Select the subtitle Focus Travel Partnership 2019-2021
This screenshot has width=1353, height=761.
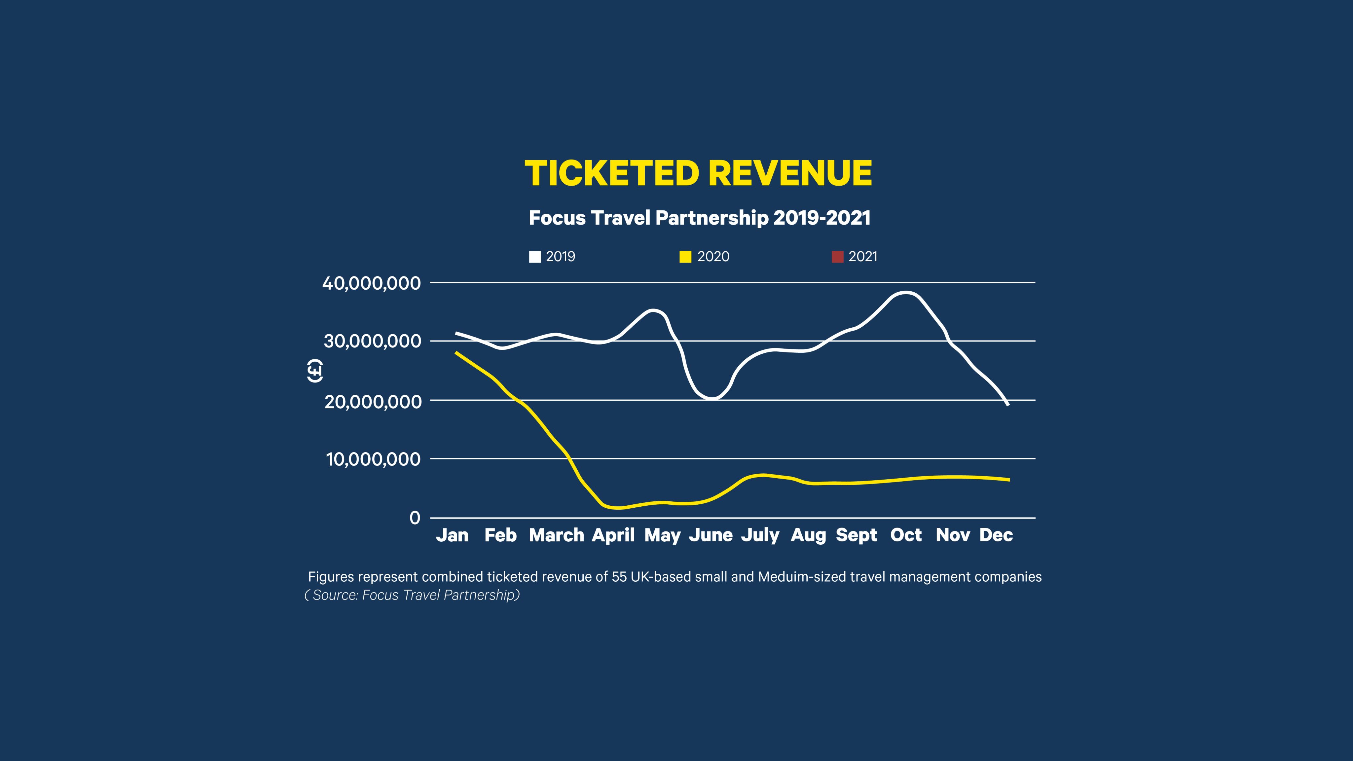[699, 217]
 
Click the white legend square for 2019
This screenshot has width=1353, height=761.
[535, 257]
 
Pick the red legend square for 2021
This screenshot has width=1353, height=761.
[837, 257]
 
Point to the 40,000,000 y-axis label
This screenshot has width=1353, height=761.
[371, 284]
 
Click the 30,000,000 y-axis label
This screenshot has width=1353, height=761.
[372, 342]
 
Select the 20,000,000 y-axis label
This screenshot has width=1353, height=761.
[372, 402]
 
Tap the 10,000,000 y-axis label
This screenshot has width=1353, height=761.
[373, 459]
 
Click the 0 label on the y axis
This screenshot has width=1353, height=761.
[415, 518]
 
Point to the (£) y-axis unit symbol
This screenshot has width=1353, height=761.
[314, 371]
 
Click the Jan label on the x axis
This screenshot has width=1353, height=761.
[452, 535]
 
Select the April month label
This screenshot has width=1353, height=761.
[613, 535]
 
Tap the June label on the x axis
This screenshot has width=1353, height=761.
[711, 535]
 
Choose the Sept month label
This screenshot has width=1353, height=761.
[856, 535]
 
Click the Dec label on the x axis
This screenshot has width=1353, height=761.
[996, 535]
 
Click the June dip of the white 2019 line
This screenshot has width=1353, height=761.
[712, 399]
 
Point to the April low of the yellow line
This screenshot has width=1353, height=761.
[619, 508]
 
